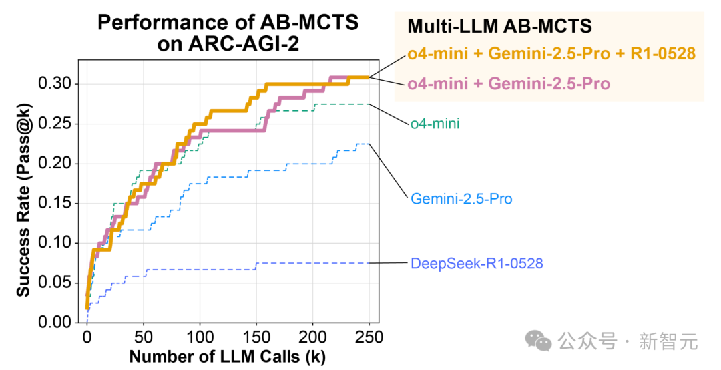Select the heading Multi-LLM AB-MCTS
pyautogui.click(x=499, y=26)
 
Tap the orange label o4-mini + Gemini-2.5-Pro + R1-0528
pyautogui.click(x=552, y=53)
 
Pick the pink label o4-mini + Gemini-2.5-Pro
pyautogui.click(x=508, y=83)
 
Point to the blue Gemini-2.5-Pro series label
pyautogui.click(x=461, y=198)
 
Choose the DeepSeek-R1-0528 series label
pyautogui.click(x=477, y=263)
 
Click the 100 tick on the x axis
pyautogui.click(x=199, y=336)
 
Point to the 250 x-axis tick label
pyautogui.click(x=369, y=336)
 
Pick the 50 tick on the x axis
pyautogui.click(x=143, y=336)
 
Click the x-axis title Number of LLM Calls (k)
pyautogui.click(x=227, y=356)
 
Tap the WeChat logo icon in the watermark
pyautogui.click(x=538, y=341)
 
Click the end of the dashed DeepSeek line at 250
pyautogui.click(x=369, y=263)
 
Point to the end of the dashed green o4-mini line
pyautogui.click(x=369, y=104)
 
